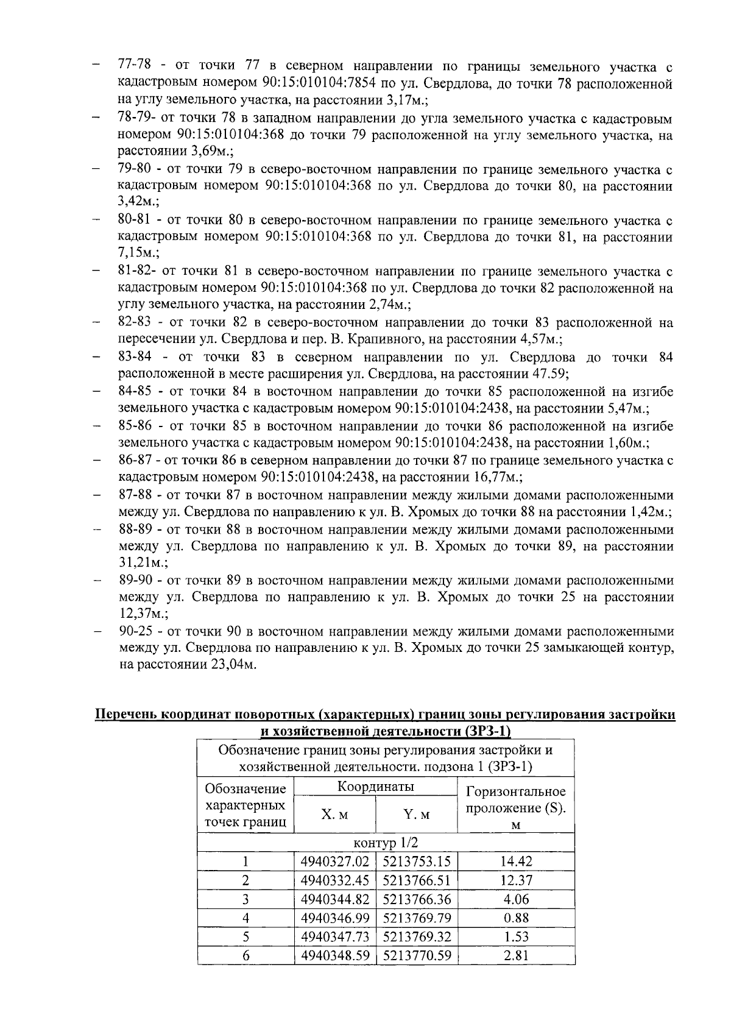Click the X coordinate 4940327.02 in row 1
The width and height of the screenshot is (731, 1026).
click(x=335, y=861)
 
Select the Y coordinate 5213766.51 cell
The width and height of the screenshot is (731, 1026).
click(x=417, y=880)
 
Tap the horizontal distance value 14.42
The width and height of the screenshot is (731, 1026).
click(x=515, y=861)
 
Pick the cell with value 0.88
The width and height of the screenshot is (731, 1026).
click(x=515, y=918)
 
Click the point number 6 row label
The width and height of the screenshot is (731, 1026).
click(x=245, y=955)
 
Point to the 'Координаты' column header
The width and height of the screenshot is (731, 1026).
click(x=375, y=787)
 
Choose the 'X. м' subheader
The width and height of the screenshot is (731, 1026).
click(x=335, y=815)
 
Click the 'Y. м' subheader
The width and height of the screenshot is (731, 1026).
click(x=417, y=815)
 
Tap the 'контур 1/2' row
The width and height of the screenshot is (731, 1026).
click(x=386, y=843)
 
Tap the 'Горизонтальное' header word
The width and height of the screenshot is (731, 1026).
click(x=515, y=791)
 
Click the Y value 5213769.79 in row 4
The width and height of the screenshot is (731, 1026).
click(x=417, y=918)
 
